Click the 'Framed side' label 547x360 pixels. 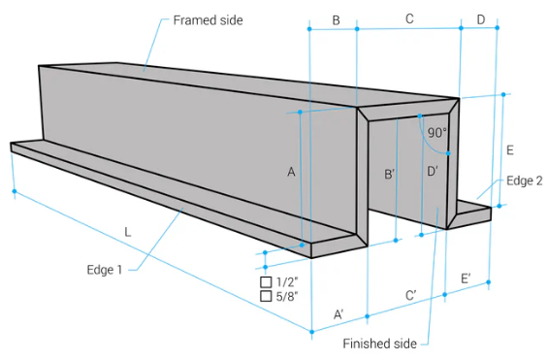coord(208,20)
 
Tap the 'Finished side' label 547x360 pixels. coord(379,344)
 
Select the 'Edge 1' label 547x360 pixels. coord(105,270)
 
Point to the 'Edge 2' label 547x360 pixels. coord(525,180)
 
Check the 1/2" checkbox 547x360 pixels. coord(266,281)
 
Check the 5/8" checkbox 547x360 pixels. coord(266,296)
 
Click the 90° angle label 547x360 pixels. coord(437,133)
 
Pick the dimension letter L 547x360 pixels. coord(128,232)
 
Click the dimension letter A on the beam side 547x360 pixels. coord(291,172)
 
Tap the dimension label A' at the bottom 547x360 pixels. coord(338,314)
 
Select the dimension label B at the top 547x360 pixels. coord(336,20)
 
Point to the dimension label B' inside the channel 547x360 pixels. coord(389,174)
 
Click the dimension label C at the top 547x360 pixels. coord(409,18)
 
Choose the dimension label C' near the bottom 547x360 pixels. coord(411,296)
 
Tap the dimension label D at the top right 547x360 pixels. coord(481,19)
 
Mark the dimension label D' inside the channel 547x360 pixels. coord(433,171)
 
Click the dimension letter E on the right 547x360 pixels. coord(510,150)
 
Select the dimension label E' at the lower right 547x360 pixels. coord(466,278)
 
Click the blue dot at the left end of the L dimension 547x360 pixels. coord(15,191)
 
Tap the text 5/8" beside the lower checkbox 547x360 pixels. coord(287,297)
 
